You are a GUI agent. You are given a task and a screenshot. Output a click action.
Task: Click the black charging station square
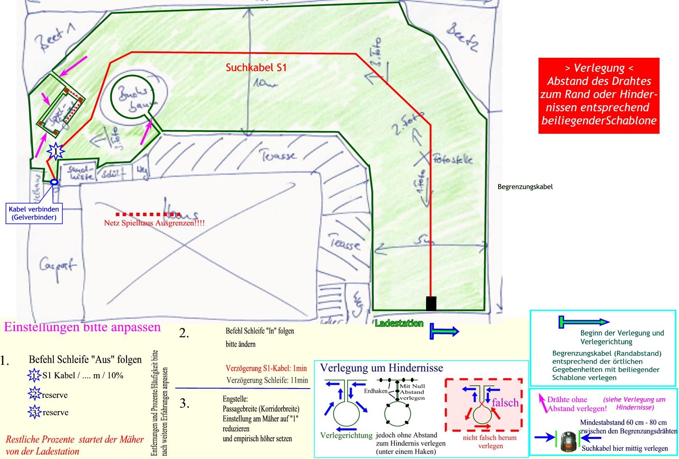431,303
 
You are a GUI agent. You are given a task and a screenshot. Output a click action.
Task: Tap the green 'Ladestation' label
399,324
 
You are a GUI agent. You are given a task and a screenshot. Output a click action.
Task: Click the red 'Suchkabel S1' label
256,67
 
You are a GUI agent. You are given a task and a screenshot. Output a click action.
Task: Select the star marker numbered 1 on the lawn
56,150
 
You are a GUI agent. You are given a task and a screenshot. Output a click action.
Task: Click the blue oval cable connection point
54,182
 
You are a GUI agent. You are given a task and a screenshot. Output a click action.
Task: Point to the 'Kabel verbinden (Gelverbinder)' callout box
34,213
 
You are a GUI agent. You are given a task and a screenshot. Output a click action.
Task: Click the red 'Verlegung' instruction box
598,96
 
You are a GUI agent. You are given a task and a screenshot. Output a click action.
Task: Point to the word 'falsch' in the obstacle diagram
505,402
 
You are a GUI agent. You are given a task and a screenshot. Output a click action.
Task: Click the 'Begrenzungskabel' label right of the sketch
525,186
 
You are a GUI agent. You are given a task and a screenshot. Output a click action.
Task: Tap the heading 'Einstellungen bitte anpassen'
82,327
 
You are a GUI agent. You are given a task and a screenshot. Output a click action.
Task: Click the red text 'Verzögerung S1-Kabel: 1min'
266,368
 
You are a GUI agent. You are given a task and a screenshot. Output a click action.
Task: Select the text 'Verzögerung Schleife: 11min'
267,380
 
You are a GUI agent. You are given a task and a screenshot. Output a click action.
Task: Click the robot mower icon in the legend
569,441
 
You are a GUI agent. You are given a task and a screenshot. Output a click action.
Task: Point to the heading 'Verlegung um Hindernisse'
381,368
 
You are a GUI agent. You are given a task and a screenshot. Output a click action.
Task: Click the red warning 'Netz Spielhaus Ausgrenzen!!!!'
154,222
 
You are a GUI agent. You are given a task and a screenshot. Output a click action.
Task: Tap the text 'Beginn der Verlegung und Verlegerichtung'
622,337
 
